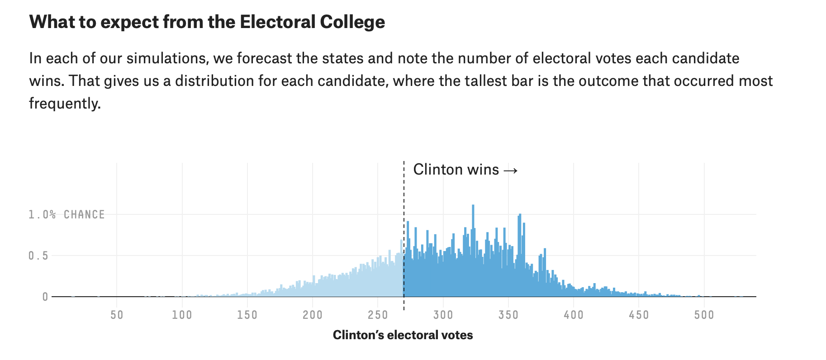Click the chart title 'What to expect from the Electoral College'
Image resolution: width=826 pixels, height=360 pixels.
pyautogui.click(x=207, y=22)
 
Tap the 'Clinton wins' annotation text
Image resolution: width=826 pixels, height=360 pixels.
pyautogui.click(x=456, y=170)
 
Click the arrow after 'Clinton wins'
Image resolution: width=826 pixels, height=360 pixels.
pyautogui.click(x=510, y=170)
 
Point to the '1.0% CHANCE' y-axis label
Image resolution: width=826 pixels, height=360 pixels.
pyautogui.click(x=66, y=214)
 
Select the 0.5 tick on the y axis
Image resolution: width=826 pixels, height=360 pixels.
pyautogui.click(x=38, y=256)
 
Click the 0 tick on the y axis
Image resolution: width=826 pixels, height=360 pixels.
pyautogui.click(x=45, y=297)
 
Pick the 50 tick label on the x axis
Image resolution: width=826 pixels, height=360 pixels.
pyautogui.click(x=117, y=315)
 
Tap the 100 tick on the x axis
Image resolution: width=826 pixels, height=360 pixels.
pyautogui.click(x=182, y=315)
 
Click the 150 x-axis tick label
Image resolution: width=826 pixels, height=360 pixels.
pyautogui.click(x=247, y=315)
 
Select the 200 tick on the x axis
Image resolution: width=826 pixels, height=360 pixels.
pyautogui.click(x=313, y=315)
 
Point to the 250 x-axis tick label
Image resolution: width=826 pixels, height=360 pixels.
pyautogui.click(x=378, y=315)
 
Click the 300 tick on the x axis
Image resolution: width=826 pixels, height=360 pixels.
pyautogui.click(x=443, y=315)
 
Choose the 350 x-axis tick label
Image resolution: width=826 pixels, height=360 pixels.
pyautogui.click(x=508, y=315)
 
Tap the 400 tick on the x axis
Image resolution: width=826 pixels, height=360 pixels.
pyautogui.click(x=574, y=315)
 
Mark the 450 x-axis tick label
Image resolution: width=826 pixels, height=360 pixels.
pyautogui.click(x=639, y=315)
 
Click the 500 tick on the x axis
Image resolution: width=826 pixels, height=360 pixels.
pyautogui.click(x=704, y=315)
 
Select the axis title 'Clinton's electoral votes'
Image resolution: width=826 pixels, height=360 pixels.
pyautogui.click(x=403, y=335)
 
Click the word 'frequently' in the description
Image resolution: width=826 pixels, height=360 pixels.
pyautogui.click(x=64, y=104)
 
